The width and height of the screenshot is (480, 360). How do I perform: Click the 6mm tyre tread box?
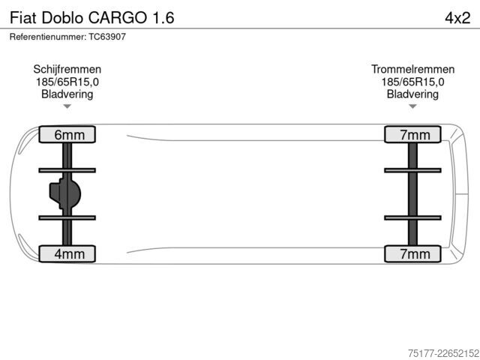coord(67,134)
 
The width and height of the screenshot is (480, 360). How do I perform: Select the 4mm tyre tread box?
coord(67,253)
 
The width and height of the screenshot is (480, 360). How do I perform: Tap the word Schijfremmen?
coord(67,70)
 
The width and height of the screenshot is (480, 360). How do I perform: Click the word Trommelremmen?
coord(412,69)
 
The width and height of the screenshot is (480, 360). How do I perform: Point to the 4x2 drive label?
coord(457,18)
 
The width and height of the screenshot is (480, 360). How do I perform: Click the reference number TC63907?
coord(107,37)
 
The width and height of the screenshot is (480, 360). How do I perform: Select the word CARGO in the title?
coord(118,18)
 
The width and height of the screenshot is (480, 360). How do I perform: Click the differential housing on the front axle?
coord(65,193)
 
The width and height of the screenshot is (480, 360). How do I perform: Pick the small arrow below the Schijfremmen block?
coord(67,106)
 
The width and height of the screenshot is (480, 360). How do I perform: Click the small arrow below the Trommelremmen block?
coord(412,106)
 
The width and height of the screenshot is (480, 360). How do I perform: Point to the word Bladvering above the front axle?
coord(67,94)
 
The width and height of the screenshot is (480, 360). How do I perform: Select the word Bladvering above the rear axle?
coord(412,94)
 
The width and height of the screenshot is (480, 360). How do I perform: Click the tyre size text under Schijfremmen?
coord(67,82)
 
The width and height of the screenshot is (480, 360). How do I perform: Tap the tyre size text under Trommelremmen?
coord(412,82)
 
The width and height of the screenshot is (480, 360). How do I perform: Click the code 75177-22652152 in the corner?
coord(443,353)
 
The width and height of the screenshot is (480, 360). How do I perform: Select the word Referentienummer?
coord(48,37)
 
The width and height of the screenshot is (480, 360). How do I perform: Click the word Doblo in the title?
coord(62,18)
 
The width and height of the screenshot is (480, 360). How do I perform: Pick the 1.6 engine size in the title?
coord(163,18)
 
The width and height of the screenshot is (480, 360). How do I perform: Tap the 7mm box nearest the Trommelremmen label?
coord(412,134)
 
